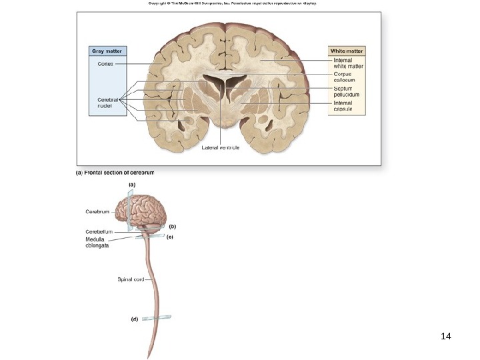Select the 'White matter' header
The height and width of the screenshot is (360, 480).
[x=346, y=51]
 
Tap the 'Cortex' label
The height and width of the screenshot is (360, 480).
[x=97, y=63]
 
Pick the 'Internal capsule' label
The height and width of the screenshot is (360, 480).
[x=343, y=106]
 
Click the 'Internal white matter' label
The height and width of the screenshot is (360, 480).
[x=348, y=63]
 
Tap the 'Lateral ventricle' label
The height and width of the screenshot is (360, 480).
[x=221, y=147]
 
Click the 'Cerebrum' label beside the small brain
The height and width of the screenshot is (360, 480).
[x=97, y=211]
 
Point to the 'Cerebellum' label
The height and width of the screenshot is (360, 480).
[x=99, y=231]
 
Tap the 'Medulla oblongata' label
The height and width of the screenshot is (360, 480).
[x=97, y=242]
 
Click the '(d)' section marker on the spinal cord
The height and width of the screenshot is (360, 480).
[x=134, y=319]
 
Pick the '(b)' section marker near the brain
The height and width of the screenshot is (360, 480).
[x=171, y=226]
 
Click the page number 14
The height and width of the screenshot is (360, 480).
[x=446, y=335]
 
